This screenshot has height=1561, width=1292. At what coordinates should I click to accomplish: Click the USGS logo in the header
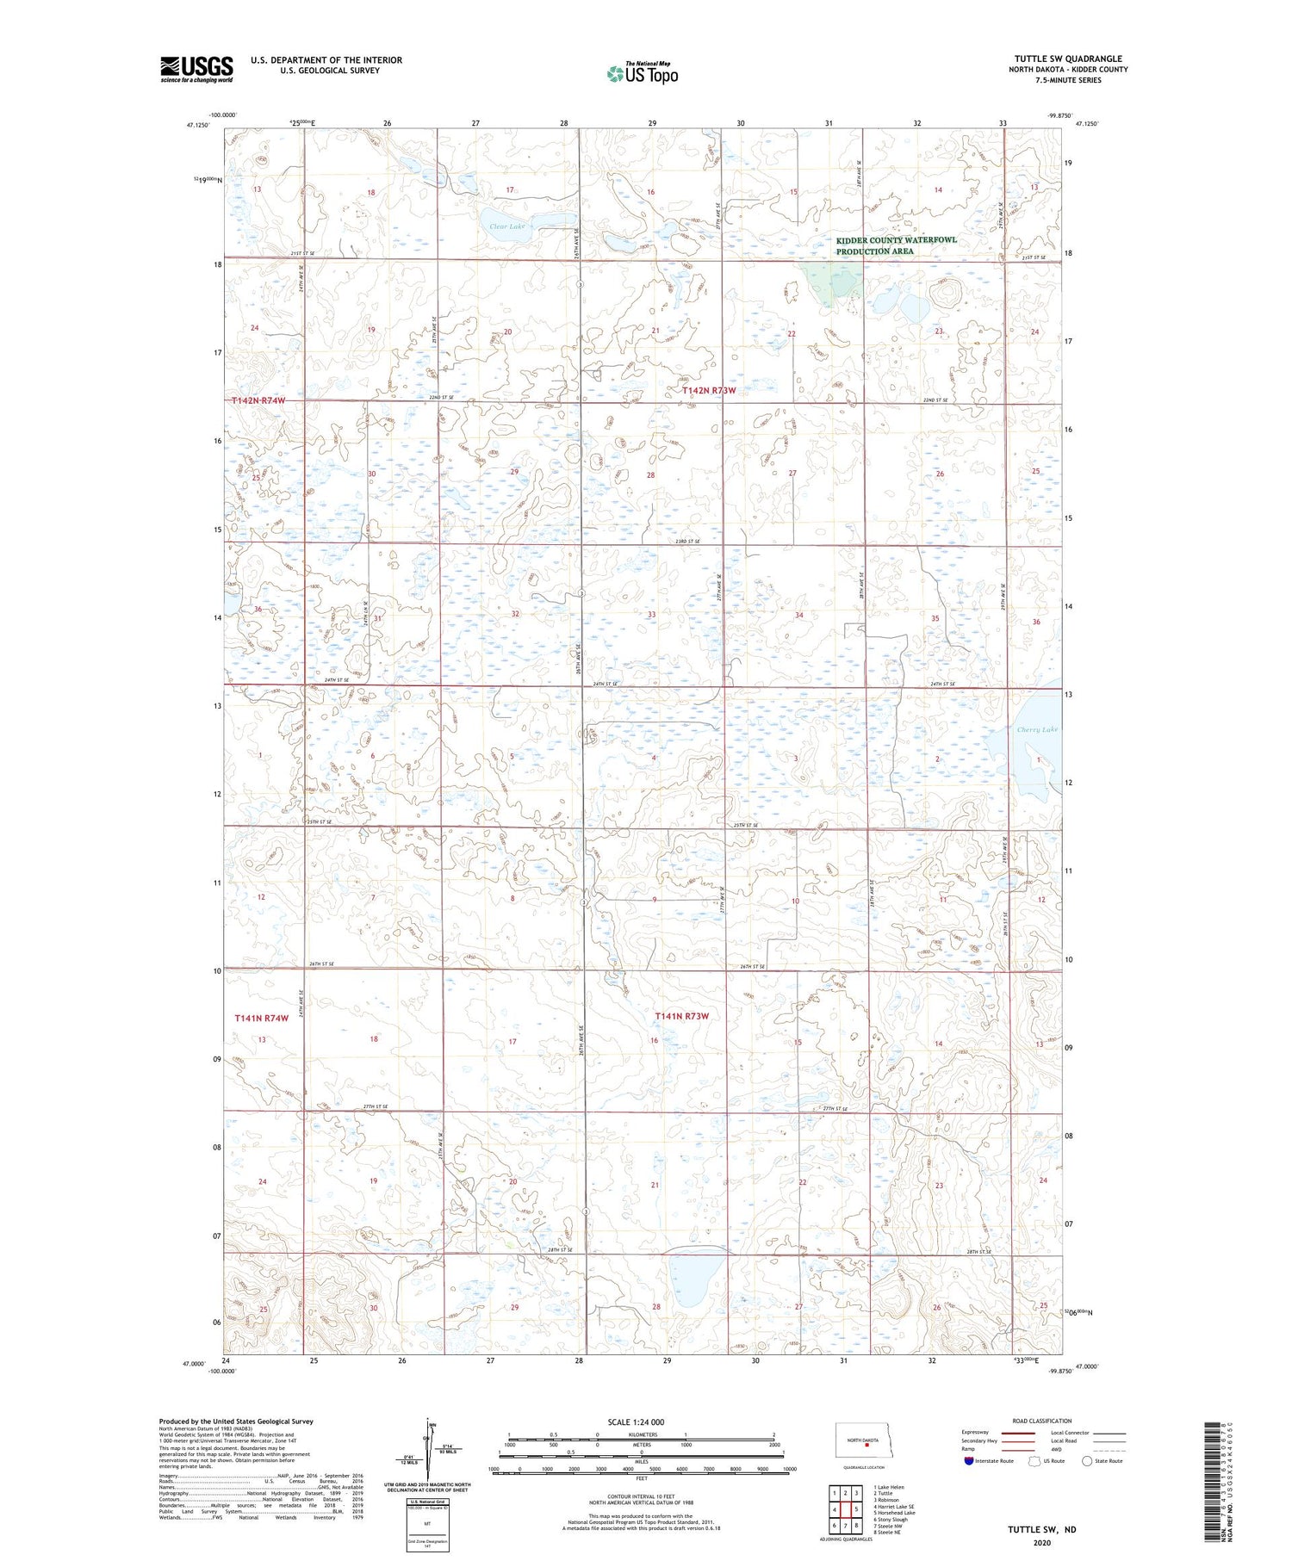tap(196, 69)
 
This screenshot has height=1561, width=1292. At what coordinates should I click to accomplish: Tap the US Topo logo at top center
tap(642, 73)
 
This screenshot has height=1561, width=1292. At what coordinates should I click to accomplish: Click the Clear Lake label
tap(506, 226)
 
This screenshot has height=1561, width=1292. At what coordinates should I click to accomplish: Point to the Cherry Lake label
tap(1036, 729)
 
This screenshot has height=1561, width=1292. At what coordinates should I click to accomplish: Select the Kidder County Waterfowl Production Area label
tap(896, 245)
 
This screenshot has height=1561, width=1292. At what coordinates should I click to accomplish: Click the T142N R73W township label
tap(709, 390)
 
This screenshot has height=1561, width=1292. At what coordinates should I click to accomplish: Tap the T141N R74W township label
tap(261, 1018)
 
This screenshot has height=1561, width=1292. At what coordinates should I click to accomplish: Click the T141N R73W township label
tap(681, 1016)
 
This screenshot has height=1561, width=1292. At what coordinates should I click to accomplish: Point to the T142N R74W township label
tap(258, 401)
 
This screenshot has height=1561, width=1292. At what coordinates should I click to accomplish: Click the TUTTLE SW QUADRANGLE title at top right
tap(1067, 59)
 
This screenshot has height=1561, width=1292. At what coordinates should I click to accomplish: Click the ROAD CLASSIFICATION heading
tap(1042, 1421)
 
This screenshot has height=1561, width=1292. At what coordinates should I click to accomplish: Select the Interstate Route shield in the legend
tap(969, 1461)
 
